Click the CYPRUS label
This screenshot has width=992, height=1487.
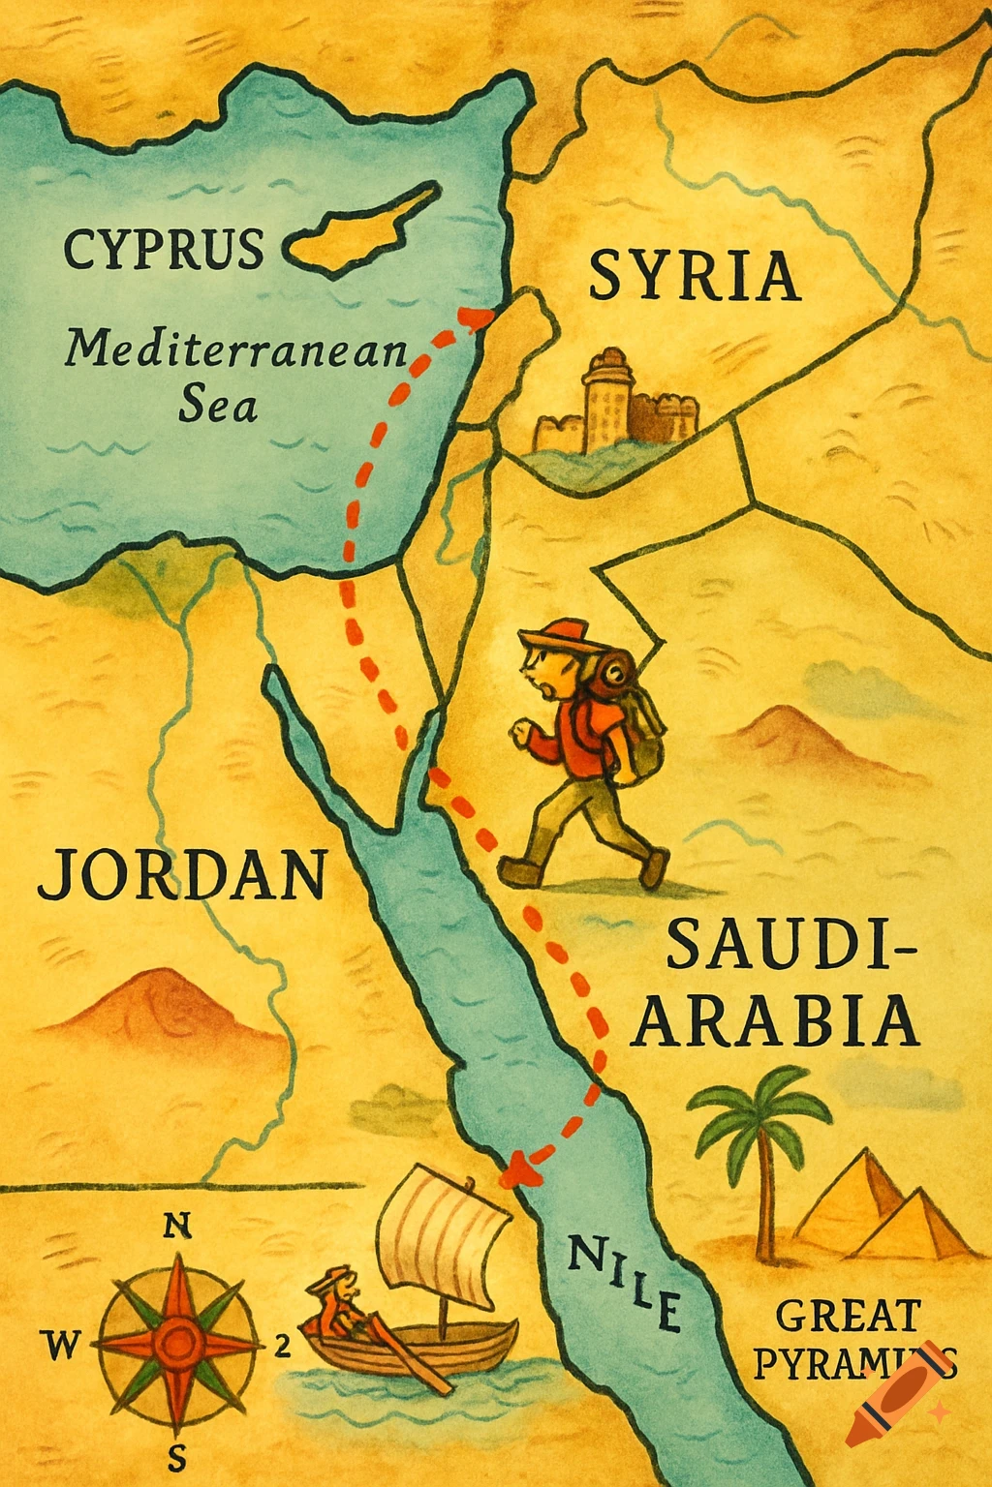pyautogui.click(x=163, y=249)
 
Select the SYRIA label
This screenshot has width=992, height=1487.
pyautogui.click(x=694, y=276)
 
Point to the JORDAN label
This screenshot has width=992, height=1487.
pyautogui.click(x=181, y=873)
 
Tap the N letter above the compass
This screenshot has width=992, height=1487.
pyautogui.click(x=175, y=1227)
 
